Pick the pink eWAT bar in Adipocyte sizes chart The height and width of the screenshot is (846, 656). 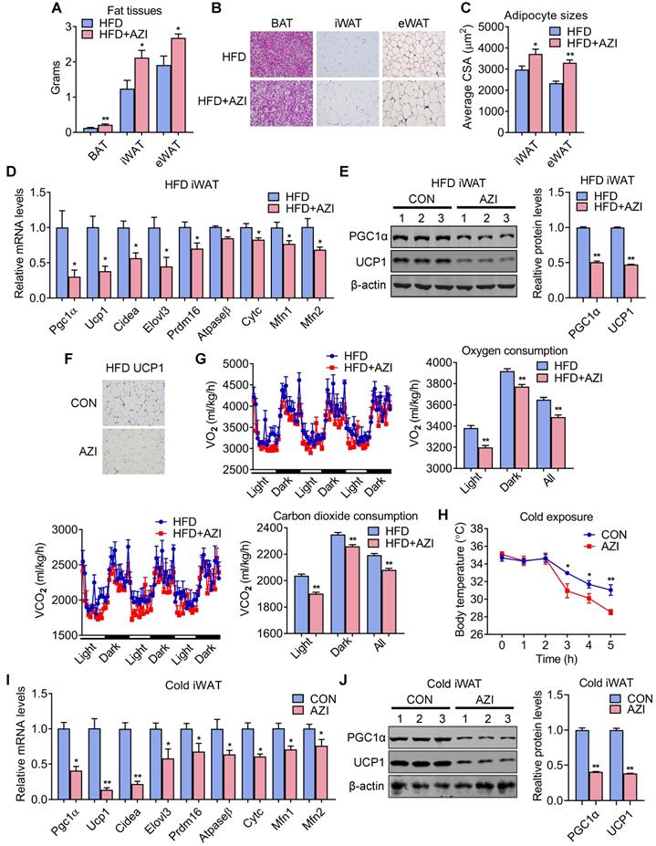620,96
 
